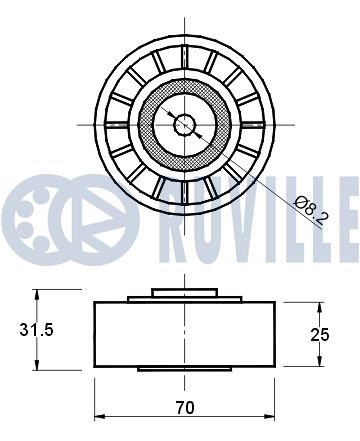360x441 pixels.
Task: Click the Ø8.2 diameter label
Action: click(x=312, y=210)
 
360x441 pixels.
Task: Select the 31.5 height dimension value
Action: click(x=36, y=330)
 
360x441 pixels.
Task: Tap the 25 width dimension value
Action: click(x=320, y=335)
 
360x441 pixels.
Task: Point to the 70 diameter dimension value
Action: click(x=185, y=407)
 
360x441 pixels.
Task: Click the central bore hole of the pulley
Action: click(x=184, y=125)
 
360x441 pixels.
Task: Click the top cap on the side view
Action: click(x=184, y=292)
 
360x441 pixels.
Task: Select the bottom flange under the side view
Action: click(x=184, y=369)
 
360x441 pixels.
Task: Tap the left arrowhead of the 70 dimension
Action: click(x=100, y=417)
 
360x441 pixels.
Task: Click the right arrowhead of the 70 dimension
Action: click(x=269, y=417)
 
